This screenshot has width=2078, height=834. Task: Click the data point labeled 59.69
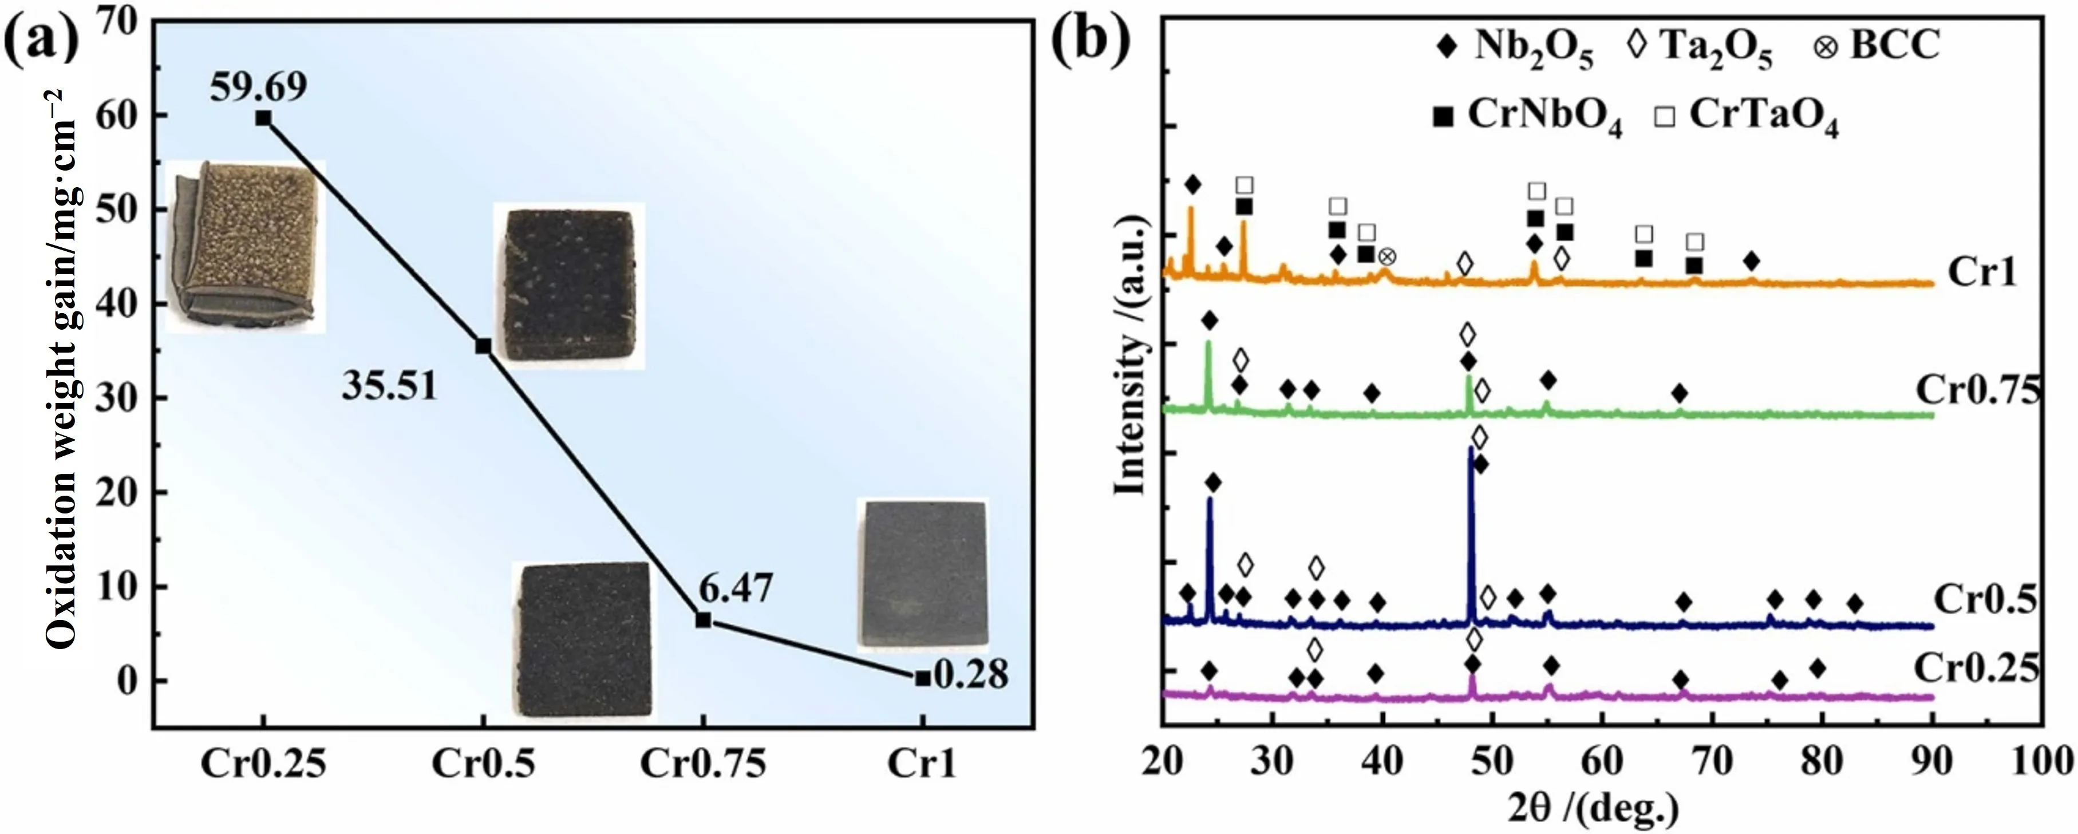263,118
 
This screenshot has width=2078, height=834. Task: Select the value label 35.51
390,386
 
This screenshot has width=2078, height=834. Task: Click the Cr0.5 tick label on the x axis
483,763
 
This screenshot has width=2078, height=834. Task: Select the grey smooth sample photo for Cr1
923,574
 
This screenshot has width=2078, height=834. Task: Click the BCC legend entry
1875,45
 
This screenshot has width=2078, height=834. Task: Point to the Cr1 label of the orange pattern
1981,272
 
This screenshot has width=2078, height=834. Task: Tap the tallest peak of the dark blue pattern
1471,448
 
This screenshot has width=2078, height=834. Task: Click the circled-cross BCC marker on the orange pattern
1386,256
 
